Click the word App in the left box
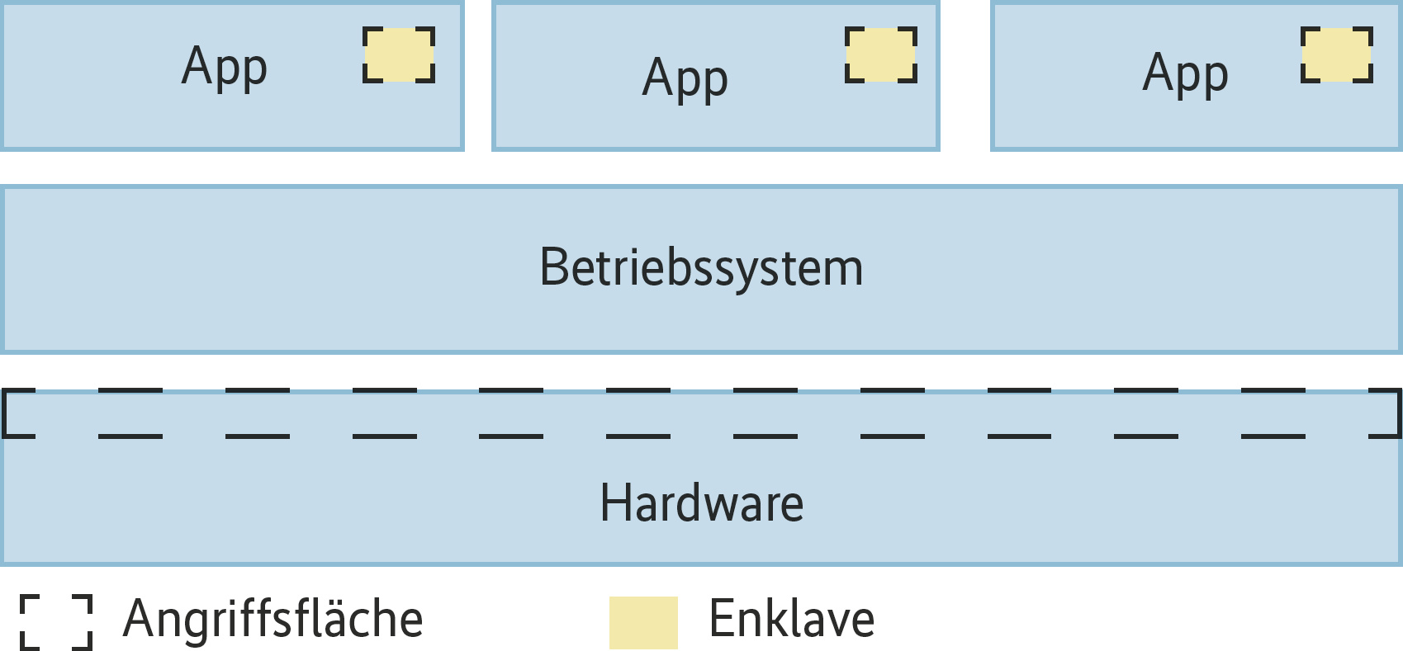(225, 67)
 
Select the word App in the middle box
(685, 79)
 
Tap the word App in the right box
(1185, 73)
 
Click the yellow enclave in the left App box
(399, 54)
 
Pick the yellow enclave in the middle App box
(881, 54)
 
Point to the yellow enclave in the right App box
(1337, 54)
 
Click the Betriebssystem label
(701, 268)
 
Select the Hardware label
(701, 503)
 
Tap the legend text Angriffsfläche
(273, 619)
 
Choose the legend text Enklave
(791, 619)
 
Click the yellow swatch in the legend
(643, 622)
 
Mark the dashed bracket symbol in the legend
(56, 622)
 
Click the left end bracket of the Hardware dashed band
(17, 413)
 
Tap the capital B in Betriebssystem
(554, 268)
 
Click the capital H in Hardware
(614, 503)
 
